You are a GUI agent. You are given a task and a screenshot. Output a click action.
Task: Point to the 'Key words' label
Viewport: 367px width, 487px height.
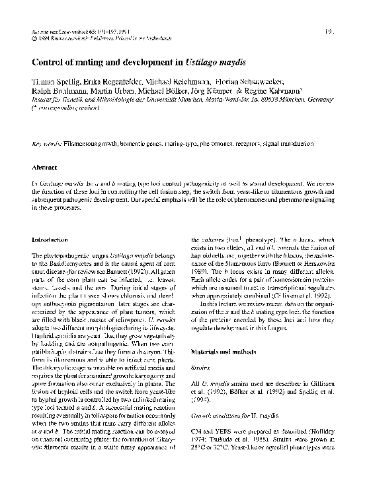[x=44, y=143]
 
